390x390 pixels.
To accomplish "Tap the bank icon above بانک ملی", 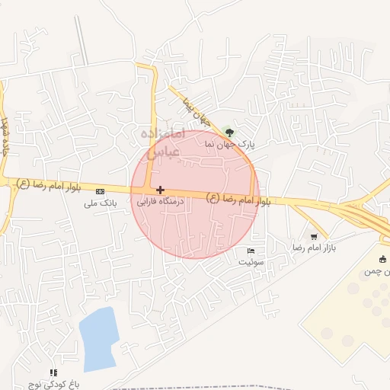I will pyautogui.click(x=101, y=190).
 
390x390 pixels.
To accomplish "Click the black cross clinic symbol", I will pyautogui.click(x=160, y=189).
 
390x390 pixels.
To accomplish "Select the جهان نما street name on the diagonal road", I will pyautogui.click(x=194, y=112).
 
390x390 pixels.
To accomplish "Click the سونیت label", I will pyautogui.click(x=251, y=261).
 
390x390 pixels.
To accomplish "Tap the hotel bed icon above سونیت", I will pyautogui.click(x=251, y=250).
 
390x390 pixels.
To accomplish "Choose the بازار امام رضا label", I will pyautogui.click(x=314, y=248).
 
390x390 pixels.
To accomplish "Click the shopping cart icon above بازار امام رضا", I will pyautogui.click(x=314, y=236).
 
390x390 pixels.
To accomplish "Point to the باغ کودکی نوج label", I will pyautogui.click(x=54, y=385).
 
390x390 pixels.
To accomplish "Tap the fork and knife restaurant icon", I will pyautogui.click(x=53, y=372).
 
